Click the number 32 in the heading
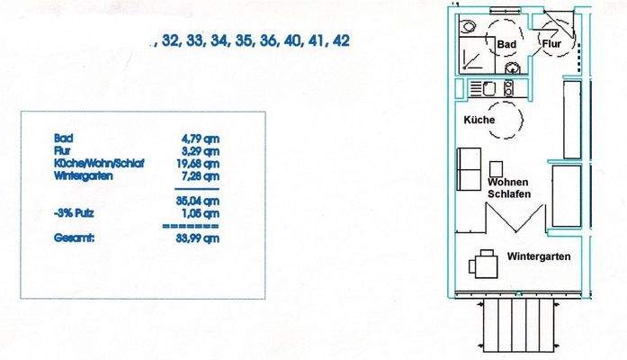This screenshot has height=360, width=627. (x=169, y=40)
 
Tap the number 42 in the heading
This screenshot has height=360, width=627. (x=341, y=40)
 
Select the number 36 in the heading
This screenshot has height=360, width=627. (x=268, y=40)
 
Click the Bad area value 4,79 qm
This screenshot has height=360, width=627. (x=201, y=139)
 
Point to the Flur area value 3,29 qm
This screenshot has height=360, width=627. (x=201, y=151)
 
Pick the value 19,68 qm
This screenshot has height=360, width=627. (x=198, y=164)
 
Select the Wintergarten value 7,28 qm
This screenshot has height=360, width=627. (x=201, y=176)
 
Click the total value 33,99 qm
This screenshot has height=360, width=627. (x=198, y=238)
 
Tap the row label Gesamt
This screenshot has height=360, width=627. (x=75, y=238)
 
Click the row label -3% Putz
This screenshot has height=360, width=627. (x=74, y=213)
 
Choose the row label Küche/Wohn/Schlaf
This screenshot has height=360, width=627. (x=99, y=164)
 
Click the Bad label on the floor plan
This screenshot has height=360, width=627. (x=506, y=44)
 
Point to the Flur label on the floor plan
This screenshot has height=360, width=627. (x=551, y=43)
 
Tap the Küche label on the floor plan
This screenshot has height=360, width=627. (x=479, y=120)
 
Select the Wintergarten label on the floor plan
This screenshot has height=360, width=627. (x=539, y=256)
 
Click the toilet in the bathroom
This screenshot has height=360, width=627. (x=467, y=27)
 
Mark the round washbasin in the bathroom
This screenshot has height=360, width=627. (x=512, y=68)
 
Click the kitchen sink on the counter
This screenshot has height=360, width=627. (x=489, y=89)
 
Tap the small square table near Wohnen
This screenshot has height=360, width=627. (x=497, y=168)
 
